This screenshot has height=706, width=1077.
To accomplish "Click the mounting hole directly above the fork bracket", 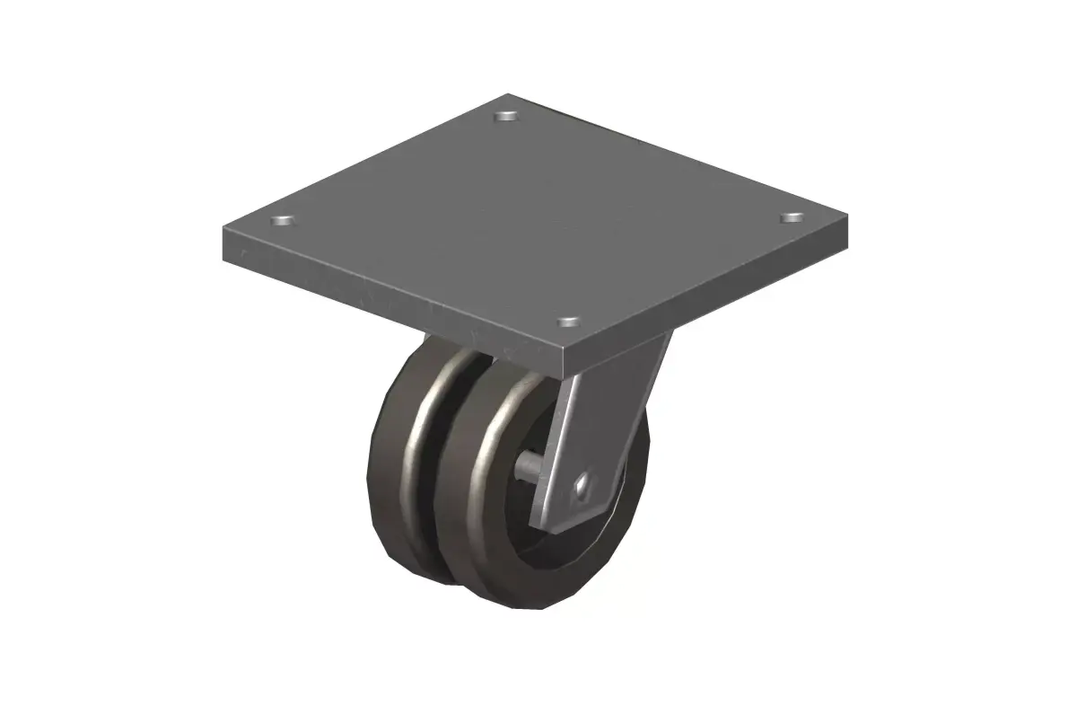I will point(567,320).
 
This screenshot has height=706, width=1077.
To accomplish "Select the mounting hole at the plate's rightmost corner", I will point(791,217).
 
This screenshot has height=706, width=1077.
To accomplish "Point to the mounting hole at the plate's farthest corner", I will point(508,116).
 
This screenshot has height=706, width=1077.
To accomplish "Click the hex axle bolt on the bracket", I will point(584,486).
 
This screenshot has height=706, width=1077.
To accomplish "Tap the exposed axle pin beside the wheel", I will point(531,466).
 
